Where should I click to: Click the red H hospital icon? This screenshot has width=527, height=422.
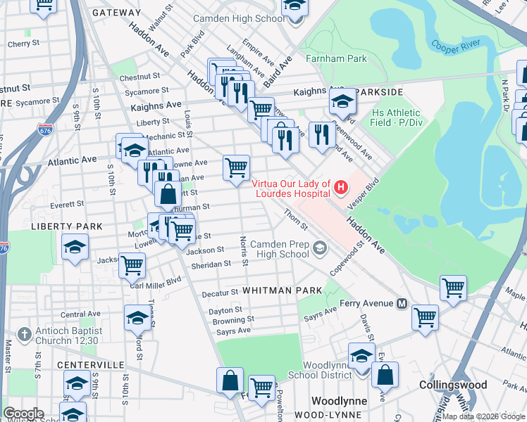[341, 187]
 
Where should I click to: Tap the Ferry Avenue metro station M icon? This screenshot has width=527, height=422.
[402, 304]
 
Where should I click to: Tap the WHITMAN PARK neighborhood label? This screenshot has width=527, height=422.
[282, 290]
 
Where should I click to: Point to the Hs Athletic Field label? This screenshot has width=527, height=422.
[396, 117]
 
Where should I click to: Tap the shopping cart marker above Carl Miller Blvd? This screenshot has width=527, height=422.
[132, 265]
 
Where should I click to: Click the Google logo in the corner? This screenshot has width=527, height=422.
[23, 414]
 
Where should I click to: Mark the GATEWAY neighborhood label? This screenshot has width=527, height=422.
[116, 13]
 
